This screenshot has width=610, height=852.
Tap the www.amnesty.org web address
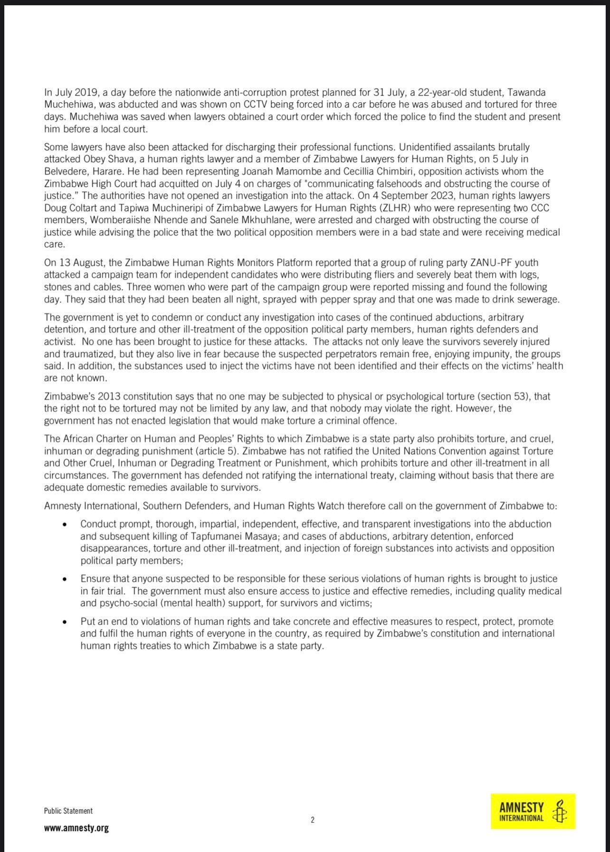[x=76, y=828]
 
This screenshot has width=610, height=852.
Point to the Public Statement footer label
[x=68, y=811]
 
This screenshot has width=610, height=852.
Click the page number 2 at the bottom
[x=312, y=820]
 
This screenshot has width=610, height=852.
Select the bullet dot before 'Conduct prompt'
[x=65, y=524]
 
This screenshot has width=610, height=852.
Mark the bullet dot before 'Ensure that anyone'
[x=65, y=579]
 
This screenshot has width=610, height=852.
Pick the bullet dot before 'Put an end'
[x=65, y=622]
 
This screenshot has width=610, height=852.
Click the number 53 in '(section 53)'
[x=520, y=396]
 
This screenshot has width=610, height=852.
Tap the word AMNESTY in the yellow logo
[x=521, y=807]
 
